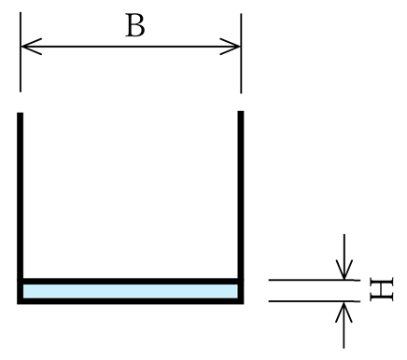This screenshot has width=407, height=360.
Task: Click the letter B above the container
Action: tap(135, 26)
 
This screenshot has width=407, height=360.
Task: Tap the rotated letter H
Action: tap(381, 289)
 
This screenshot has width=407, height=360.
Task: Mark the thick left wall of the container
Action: tap(20, 196)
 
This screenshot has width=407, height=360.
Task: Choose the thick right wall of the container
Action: tap(241, 196)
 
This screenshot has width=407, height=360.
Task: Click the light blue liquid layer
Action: tap(131, 291)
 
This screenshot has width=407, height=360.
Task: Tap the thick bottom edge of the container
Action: tap(131, 300)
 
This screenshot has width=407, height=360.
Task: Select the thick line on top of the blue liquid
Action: tap(131, 281)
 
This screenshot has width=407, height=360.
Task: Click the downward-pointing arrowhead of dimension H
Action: tap(345, 270)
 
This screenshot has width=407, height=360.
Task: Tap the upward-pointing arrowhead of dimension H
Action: tap(345, 311)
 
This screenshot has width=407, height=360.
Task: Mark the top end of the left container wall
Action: tap(20, 115)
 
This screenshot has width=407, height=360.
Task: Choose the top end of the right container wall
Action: tap(241, 114)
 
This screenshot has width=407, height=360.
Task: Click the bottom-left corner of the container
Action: tap(20, 300)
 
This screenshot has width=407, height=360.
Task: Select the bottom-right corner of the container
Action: tap(241, 300)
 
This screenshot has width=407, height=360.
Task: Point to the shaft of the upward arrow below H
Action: tap(345, 334)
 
